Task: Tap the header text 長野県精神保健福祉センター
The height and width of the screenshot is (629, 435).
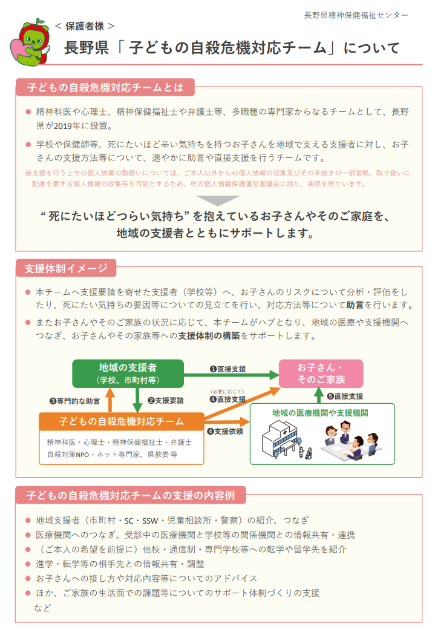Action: pos(356,15)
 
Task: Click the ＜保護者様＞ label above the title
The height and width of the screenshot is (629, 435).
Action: pos(85,26)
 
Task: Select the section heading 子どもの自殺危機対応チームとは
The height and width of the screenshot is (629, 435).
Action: pos(104,87)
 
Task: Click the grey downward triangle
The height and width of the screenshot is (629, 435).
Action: pos(218,200)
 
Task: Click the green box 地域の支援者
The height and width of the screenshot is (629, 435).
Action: pos(128,373)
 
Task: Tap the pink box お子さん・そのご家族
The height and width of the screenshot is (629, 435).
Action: pos(321,374)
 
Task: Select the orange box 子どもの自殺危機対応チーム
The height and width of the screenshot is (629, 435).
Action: pos(122,421)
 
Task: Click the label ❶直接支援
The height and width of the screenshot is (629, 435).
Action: pos(227,368)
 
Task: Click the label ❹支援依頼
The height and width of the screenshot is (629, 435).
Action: pos(225,432)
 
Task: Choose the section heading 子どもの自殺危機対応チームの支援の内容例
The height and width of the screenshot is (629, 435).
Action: pos(131,495)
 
